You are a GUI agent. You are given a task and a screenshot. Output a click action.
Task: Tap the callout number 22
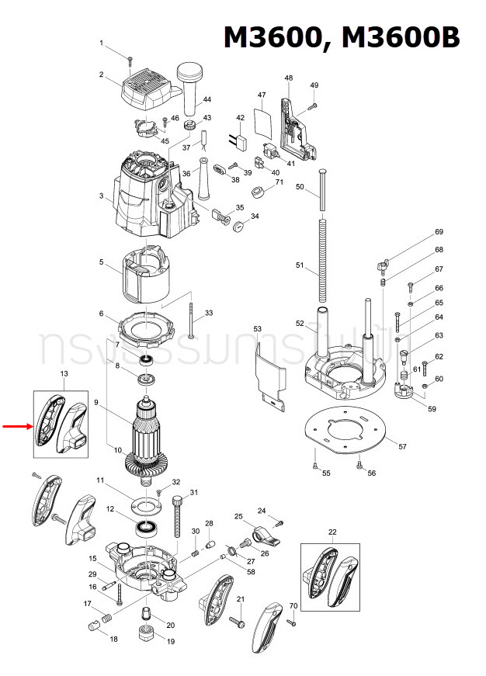[x=332, y=532]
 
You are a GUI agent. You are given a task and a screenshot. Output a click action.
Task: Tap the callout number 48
[x=289, y=78]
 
